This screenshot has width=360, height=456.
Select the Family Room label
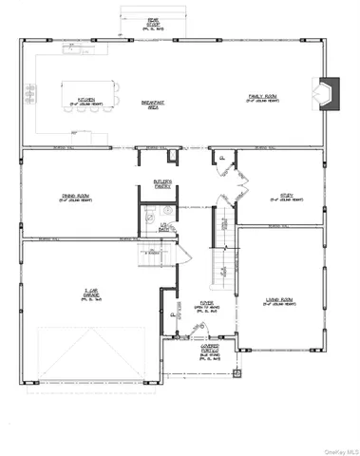pos(261,97)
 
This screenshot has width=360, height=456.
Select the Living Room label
pos(279,303)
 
